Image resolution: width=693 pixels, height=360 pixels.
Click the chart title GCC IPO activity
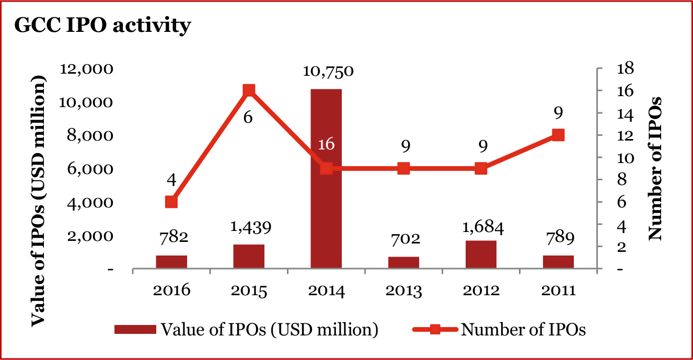[102, 25]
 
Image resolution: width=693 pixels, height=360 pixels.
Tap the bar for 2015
[249, 257]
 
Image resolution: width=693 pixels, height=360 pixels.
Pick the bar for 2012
[481, 254]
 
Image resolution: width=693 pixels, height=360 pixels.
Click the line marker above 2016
[171, 202]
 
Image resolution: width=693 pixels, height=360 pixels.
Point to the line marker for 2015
[249, 90]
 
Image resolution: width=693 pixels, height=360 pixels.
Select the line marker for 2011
[558, 135]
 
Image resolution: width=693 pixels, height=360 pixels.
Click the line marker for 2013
[403, 169]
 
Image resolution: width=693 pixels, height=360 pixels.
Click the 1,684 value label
[481, 228]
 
